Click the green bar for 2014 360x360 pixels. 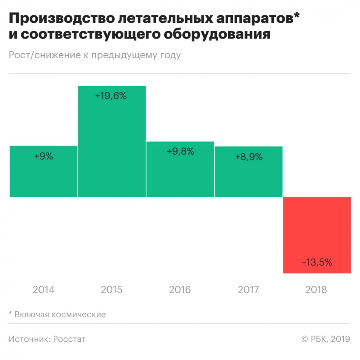(43, 175)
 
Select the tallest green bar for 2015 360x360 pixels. (112, 145)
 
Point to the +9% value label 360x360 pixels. (43, 156)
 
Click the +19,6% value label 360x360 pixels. (111, 96)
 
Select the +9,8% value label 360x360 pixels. (180, 151)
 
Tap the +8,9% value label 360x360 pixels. (248, 156)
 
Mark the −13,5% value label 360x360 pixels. (317, 262)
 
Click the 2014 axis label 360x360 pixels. (43, 290)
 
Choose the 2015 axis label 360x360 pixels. (112, 290)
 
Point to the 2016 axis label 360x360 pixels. (180, 290)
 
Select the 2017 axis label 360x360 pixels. (248, 290)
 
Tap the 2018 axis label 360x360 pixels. (316, 290)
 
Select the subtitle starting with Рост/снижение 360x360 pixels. (94, 55)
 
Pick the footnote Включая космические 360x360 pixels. (60, 315)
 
